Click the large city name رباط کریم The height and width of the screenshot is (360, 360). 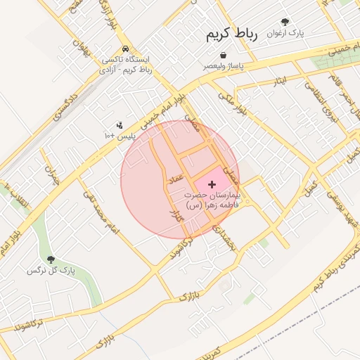click(x=233, y=34)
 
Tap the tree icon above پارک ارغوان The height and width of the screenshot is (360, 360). click(x=285, y=22)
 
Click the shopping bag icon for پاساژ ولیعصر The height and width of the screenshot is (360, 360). click(x=222, y=54)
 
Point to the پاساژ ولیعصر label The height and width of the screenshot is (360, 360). click(x=224, y=65)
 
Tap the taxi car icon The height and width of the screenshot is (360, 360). click(x=125, y=49)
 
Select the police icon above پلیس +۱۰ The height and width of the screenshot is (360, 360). click(x=120, y=124)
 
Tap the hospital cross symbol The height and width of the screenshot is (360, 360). click(x=212, y=184)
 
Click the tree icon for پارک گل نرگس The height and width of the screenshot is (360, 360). click(x=50, y=259)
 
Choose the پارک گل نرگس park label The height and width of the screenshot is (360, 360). click(x=50, y=271)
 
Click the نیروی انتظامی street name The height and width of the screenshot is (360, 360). click(x=319, y=98)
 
